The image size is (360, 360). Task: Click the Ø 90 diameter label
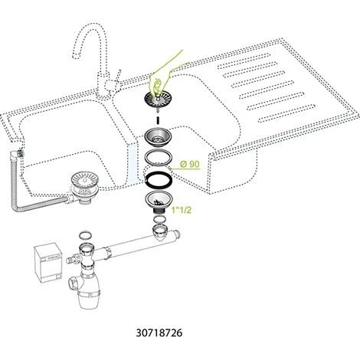click(x=189, y=164)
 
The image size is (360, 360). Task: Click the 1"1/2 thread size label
click(x=182, y=210)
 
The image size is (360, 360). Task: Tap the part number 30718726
click(x=159, y=332)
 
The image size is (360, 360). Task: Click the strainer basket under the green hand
click(x=158, y=100)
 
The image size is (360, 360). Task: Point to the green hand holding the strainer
click(x=166, y=74)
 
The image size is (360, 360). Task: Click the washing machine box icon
click(x=48, y=263)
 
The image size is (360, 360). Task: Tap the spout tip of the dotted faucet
click(x=76, y=57)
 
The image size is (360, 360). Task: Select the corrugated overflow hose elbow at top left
click(x=18, y=154)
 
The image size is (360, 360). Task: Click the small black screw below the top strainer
click(x=158, y=120)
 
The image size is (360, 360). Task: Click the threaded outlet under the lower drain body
click(x=159, y=211)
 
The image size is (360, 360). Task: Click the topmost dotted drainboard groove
click(x=244, y=61)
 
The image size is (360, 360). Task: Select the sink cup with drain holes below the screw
click(x=158, y=137)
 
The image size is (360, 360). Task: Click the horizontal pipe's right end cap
click(x=177, y=234)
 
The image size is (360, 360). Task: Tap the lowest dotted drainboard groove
click(x=287, y=113)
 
